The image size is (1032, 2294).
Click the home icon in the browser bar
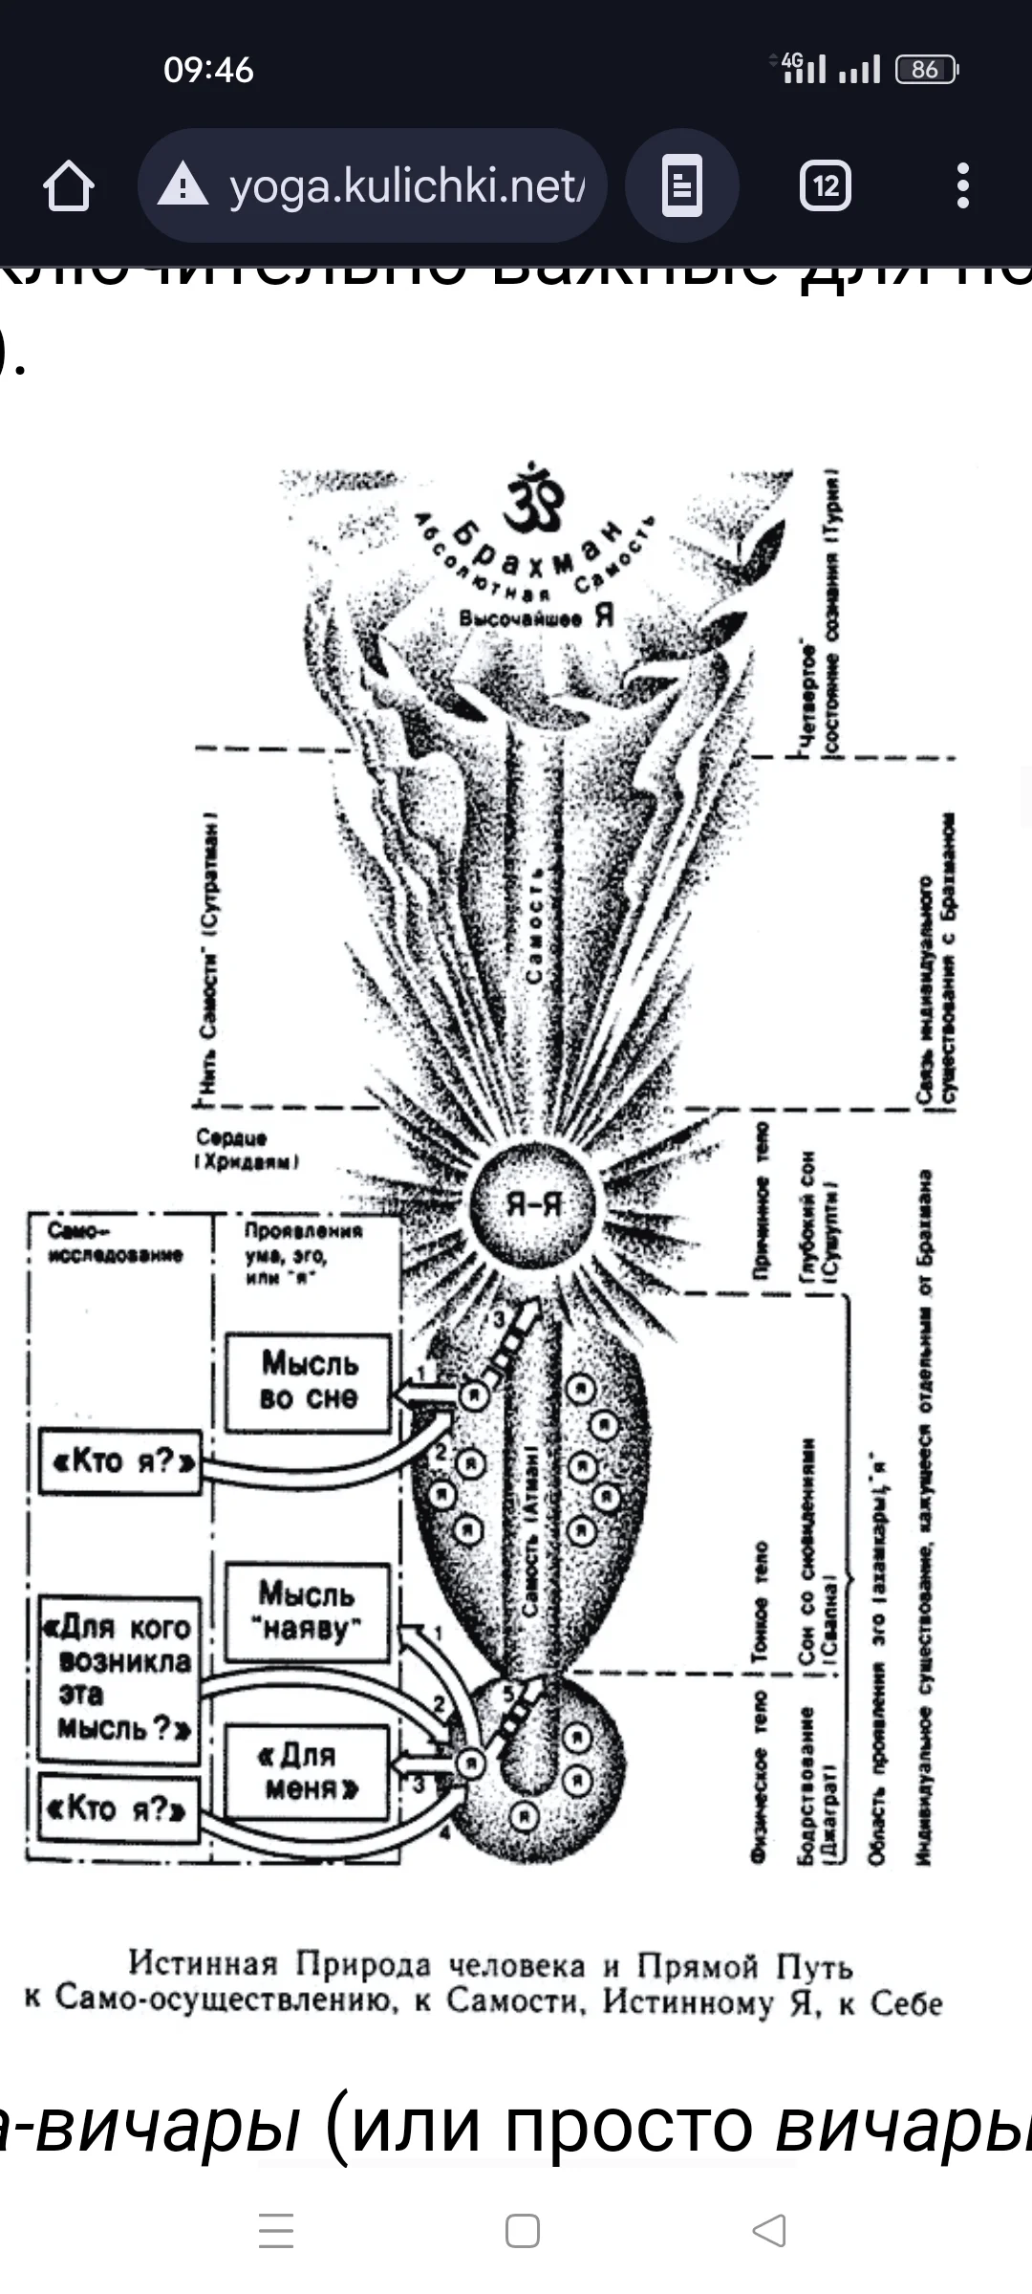pyautogui.click(x=69, y=185)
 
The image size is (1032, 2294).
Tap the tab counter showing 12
pyautogui.click(x=826, y=185)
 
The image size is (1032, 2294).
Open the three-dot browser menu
pyautogui.click(x=963, y=185)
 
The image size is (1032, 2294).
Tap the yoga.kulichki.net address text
pyautogui.click(x=406, y=185)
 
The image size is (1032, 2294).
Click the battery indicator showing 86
pyautogui.click(x=925, y=69)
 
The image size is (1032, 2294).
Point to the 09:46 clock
pyautogui.click(x=208, y=70)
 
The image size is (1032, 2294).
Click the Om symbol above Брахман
pyautogui.click(x=535, y=497)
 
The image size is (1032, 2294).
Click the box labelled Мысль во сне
pyautogui.click(x=308, y=1380)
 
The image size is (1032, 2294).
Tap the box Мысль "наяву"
pyautogui.click(x=307, y=1612)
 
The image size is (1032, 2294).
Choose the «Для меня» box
pyautogui.click(x=307, y=1771)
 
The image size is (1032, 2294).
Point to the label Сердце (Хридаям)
pyautogui.click(x=247, y=1149)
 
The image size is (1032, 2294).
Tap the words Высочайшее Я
pyautogui.click(x=535, y=617)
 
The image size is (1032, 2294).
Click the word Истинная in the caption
pyautogui.click(x=203, y=1963)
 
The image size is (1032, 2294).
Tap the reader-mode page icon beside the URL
pyautogui.click(x=681, y=185)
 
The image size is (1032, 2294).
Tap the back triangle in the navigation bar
pyautogui.click(x=769, y=2230)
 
